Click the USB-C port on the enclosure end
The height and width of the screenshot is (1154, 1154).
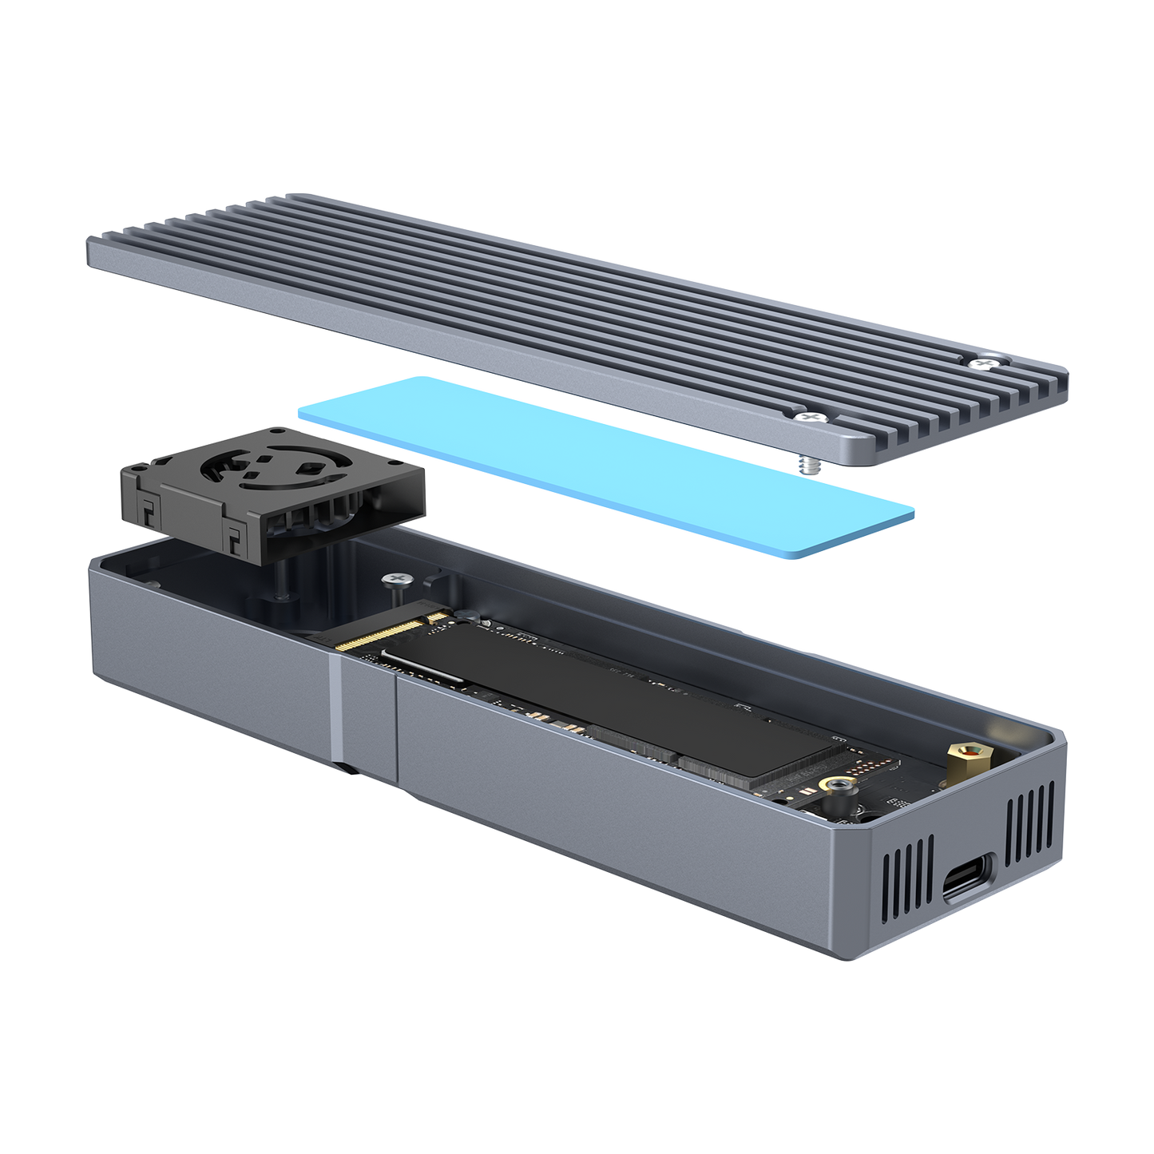[968, 875]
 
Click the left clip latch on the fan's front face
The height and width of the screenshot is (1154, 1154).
[151, 512]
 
